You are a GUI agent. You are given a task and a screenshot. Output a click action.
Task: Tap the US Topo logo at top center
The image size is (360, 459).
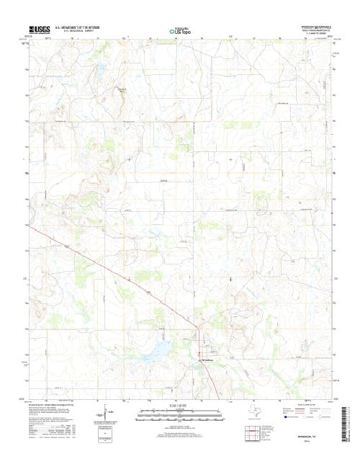pos(180,31)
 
